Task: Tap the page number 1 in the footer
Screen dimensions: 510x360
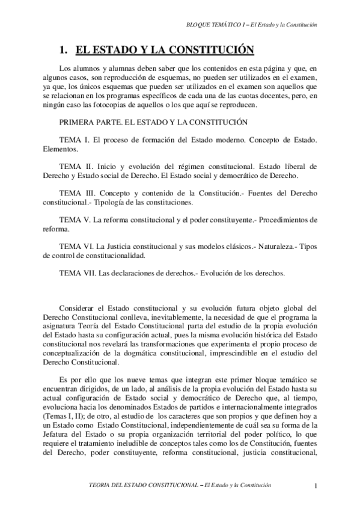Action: (x=316, y=485)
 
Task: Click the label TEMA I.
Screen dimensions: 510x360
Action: (x=73, y=139)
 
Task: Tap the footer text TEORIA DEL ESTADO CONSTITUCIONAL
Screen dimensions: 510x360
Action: (x=144, y=485)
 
